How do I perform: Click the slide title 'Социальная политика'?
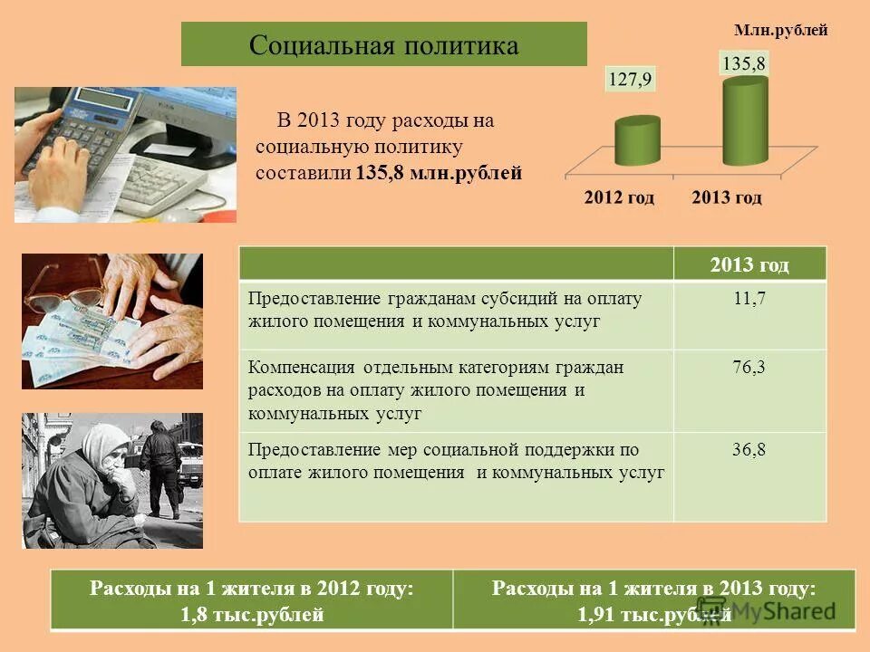[x=383, y=45]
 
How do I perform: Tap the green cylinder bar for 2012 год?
[x=638, y=142]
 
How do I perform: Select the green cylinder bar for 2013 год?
[x=745, y=122]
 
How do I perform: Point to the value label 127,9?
[x=630, y=79]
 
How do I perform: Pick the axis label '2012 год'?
[x=619, y=197]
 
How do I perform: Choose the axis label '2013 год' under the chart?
[x=727, y=197]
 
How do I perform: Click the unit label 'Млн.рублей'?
[x=780, y=31]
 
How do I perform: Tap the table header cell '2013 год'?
[x=749, y=264]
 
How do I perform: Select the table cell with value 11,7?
[x=749, y=300]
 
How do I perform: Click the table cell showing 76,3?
[x=749, y=368]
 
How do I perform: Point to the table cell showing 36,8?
[x=749, y=449]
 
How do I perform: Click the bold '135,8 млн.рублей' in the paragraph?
[x=440, y=173]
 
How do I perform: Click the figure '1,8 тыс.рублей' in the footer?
[x=252, y=616]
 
